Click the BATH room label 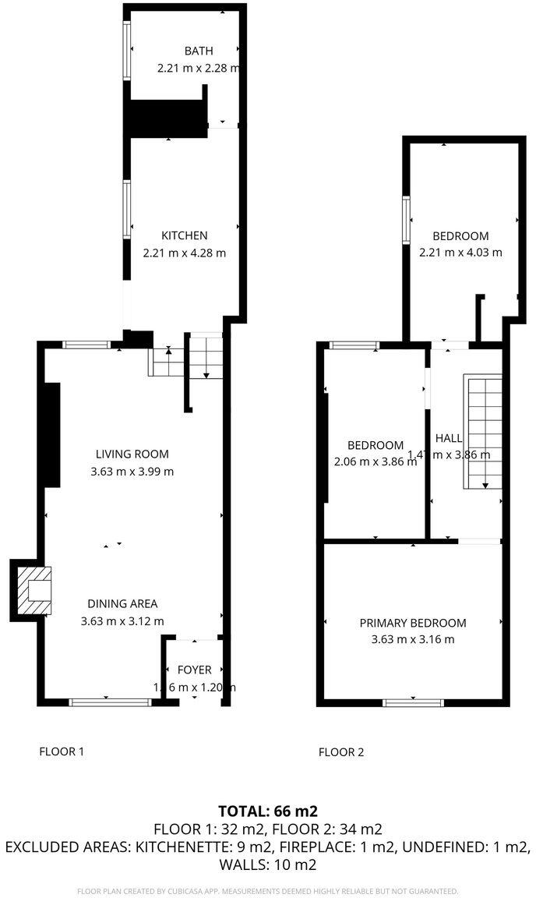click(x=198, y=51)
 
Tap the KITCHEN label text click(x=185, y=235)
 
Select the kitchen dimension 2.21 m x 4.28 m click(x=185, y=253)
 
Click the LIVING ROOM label click(x=132, y=454)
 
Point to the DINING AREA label click(x=122, y=603)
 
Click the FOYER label click(x=194, y=670)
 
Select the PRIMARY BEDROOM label click(x=413, y=623)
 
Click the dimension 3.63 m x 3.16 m click(x=413, y=639)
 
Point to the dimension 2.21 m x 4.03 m click(x=460, y=253)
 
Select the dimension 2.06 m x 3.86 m click(x=375, y=461)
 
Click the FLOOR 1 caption click(x=62, y=751)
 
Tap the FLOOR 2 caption click(x=341, y=752)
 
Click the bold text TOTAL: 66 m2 click(x=268, y=811)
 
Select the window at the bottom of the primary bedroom click(x=413, y=702)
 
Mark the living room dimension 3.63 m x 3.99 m click(x=132, y=471)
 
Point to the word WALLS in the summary click(x=242, y=864)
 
